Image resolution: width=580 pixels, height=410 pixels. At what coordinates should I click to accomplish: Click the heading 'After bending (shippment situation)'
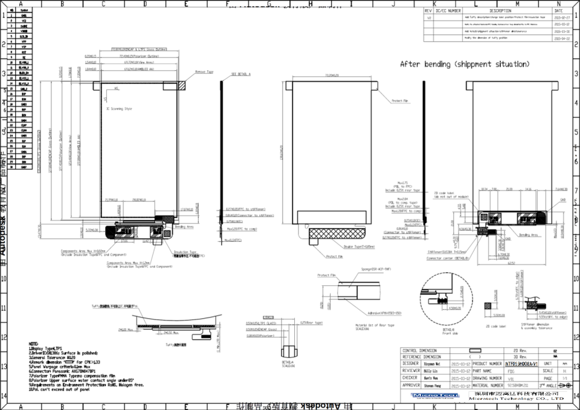(x=465, y=63)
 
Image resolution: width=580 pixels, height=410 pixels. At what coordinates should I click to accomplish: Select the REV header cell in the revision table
(x=428, y=11)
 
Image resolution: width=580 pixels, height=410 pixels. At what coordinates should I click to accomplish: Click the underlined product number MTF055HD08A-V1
(x=523, y=364)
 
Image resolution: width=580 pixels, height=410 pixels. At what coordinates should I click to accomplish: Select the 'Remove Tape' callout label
(x=204, y=72)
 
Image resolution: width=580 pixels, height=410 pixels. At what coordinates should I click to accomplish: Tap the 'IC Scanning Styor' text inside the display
(x=119, y=109)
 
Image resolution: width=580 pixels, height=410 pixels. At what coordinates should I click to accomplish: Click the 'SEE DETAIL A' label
(x=240, y=74)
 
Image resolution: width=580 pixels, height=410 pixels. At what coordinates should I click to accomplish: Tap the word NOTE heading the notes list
(x=34, y=343)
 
